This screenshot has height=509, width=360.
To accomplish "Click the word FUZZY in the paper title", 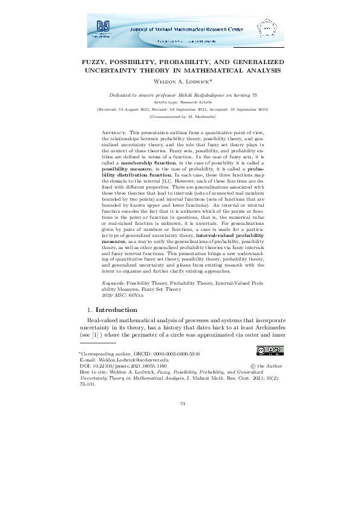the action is pos(94,62).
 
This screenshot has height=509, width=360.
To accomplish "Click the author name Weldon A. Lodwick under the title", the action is pos(181,81).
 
